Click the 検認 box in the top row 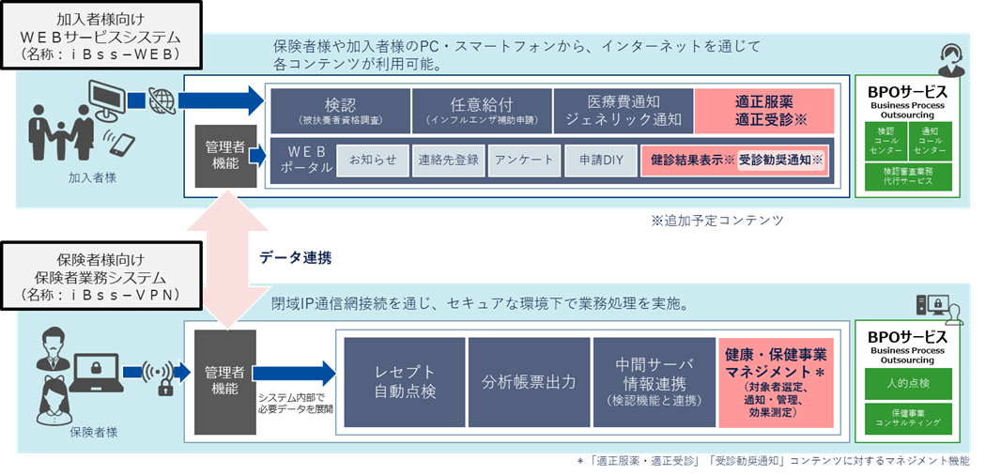(340, 111)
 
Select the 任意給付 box (480, 111)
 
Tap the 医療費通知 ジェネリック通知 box (622, 111)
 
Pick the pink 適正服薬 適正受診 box (764, 111)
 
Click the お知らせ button (372, 160)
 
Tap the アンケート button (523, 160)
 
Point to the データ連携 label (296, 256)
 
